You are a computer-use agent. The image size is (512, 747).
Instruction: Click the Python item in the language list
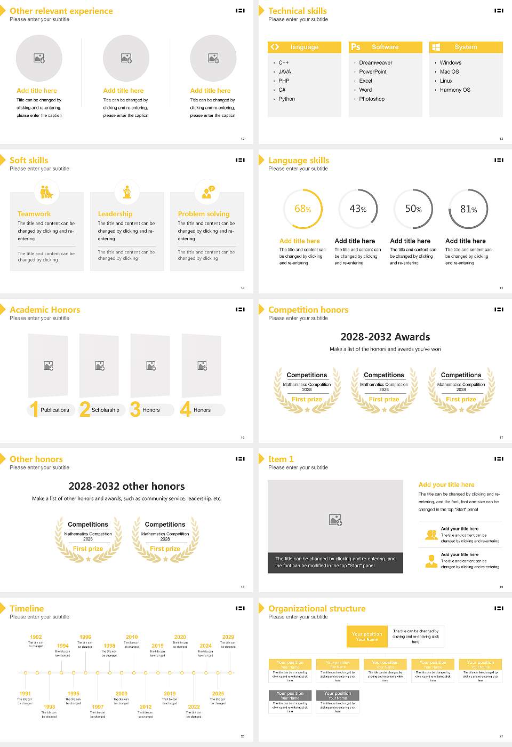coord(286,99)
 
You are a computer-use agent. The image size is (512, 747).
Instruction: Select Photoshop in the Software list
coord(371,99)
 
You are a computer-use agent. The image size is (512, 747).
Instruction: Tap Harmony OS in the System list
coord(454,90)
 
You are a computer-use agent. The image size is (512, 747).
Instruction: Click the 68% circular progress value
coord(302,209)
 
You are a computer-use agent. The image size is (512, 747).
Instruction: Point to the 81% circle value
coord(468,209)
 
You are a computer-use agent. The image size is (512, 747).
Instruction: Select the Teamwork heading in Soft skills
coord(34,214)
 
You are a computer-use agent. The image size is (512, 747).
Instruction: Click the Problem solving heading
coord(204,214)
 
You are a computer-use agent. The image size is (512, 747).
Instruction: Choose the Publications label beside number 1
coord(54,410)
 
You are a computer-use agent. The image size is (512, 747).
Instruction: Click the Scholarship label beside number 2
coord(105,410)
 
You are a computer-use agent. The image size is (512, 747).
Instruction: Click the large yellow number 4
coord(186,409)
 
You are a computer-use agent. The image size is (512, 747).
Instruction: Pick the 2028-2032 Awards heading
coord(385,337)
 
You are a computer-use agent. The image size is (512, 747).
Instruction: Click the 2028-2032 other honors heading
coord(126,486)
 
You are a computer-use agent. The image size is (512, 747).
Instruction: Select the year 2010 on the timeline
coord(132,637)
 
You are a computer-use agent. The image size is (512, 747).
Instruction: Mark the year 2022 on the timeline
coord(194,707)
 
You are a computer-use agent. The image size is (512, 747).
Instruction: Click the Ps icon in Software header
coord(356,47)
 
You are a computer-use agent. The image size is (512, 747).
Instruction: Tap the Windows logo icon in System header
coord(436,47)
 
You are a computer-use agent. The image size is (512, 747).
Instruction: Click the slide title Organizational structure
coord(317,609)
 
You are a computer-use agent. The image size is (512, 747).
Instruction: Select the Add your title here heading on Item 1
coord(446,485)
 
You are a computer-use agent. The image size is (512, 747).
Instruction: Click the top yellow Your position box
coord(367,637)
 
